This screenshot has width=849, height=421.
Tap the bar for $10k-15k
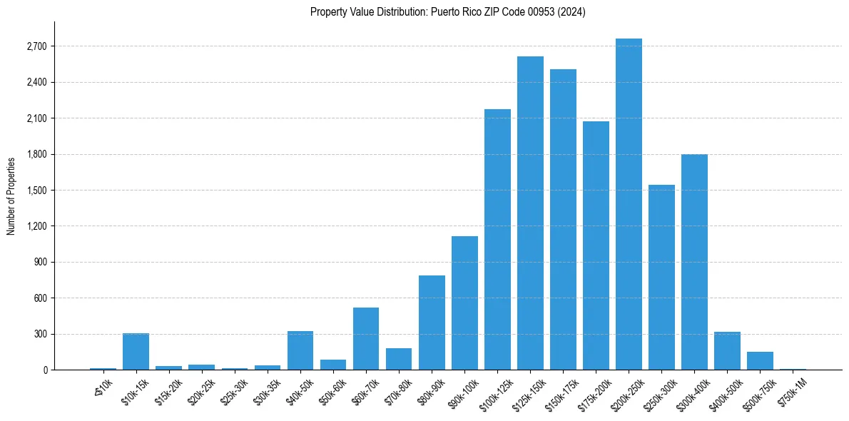pos(136,351)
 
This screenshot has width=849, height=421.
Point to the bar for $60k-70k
pos(366,338)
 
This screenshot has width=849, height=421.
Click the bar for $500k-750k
pos(760,360)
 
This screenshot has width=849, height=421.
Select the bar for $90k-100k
pos(464,303)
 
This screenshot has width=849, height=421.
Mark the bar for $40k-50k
pos(300,350)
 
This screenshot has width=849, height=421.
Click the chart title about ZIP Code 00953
pos(448,12)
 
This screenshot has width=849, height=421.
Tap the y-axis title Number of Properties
pos(11,196)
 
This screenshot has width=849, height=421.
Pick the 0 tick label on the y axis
pos(45,370)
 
